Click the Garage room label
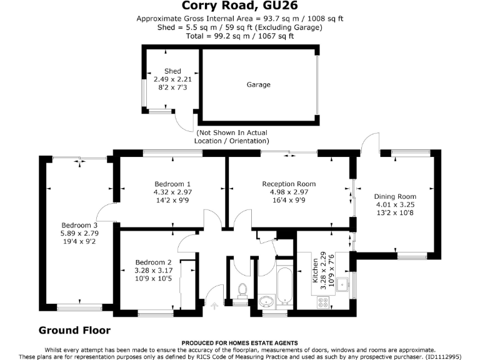pos(258,84)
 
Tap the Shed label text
pos(172,71)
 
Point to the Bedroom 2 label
pos(152,262)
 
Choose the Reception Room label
pos(289,184)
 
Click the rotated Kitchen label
pos(306,276)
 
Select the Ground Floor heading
pos(74,330)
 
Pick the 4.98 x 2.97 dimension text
pos(289,192)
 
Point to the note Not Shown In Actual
pos(232,133)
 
